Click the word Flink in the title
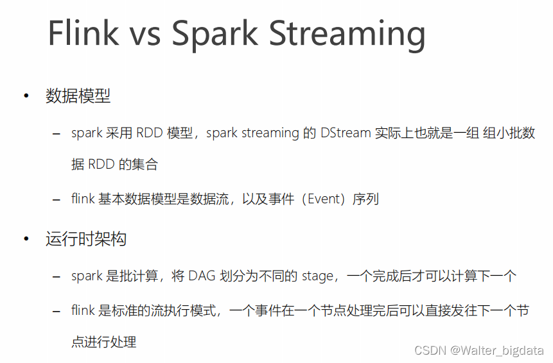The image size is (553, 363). [x=83, y=33]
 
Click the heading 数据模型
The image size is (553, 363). [x=78, y=96]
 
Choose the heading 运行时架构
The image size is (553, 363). [x=86, y=239]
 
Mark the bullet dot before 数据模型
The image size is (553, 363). [x=26, y=96]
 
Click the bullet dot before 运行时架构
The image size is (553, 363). [x=26, y=239]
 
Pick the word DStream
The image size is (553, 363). [x=346, y=133]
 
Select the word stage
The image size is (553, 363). [x=317, y=276]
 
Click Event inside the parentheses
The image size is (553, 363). [x=324, y=199]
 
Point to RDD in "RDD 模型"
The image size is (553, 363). [x=149, y=133]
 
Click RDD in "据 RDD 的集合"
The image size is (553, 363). [x=101, y=164]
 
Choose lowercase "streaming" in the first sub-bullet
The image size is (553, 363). [x=270, y=134]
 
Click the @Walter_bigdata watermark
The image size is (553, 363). [x=497, y=351]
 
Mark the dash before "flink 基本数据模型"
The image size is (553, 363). [x=56, y=200]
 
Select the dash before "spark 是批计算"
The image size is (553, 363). [x=56, y=277]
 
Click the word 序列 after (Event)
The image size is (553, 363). [x=365, y=199]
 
